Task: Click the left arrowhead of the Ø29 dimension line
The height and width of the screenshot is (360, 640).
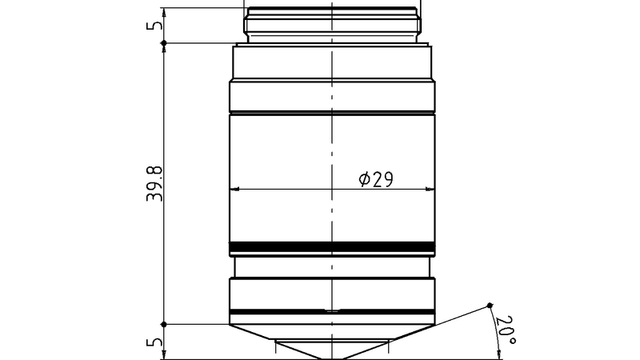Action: point(234,190)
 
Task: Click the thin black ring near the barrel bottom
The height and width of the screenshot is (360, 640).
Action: point(332,310)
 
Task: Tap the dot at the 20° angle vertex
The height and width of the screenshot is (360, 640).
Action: point(490,305)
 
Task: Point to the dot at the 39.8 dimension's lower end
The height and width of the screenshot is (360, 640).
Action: point(163,324)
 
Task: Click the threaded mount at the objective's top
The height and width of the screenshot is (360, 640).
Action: point(332,24)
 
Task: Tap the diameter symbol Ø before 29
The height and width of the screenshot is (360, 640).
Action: point(363,179)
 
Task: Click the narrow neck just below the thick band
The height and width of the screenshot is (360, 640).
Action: point(332,266)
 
